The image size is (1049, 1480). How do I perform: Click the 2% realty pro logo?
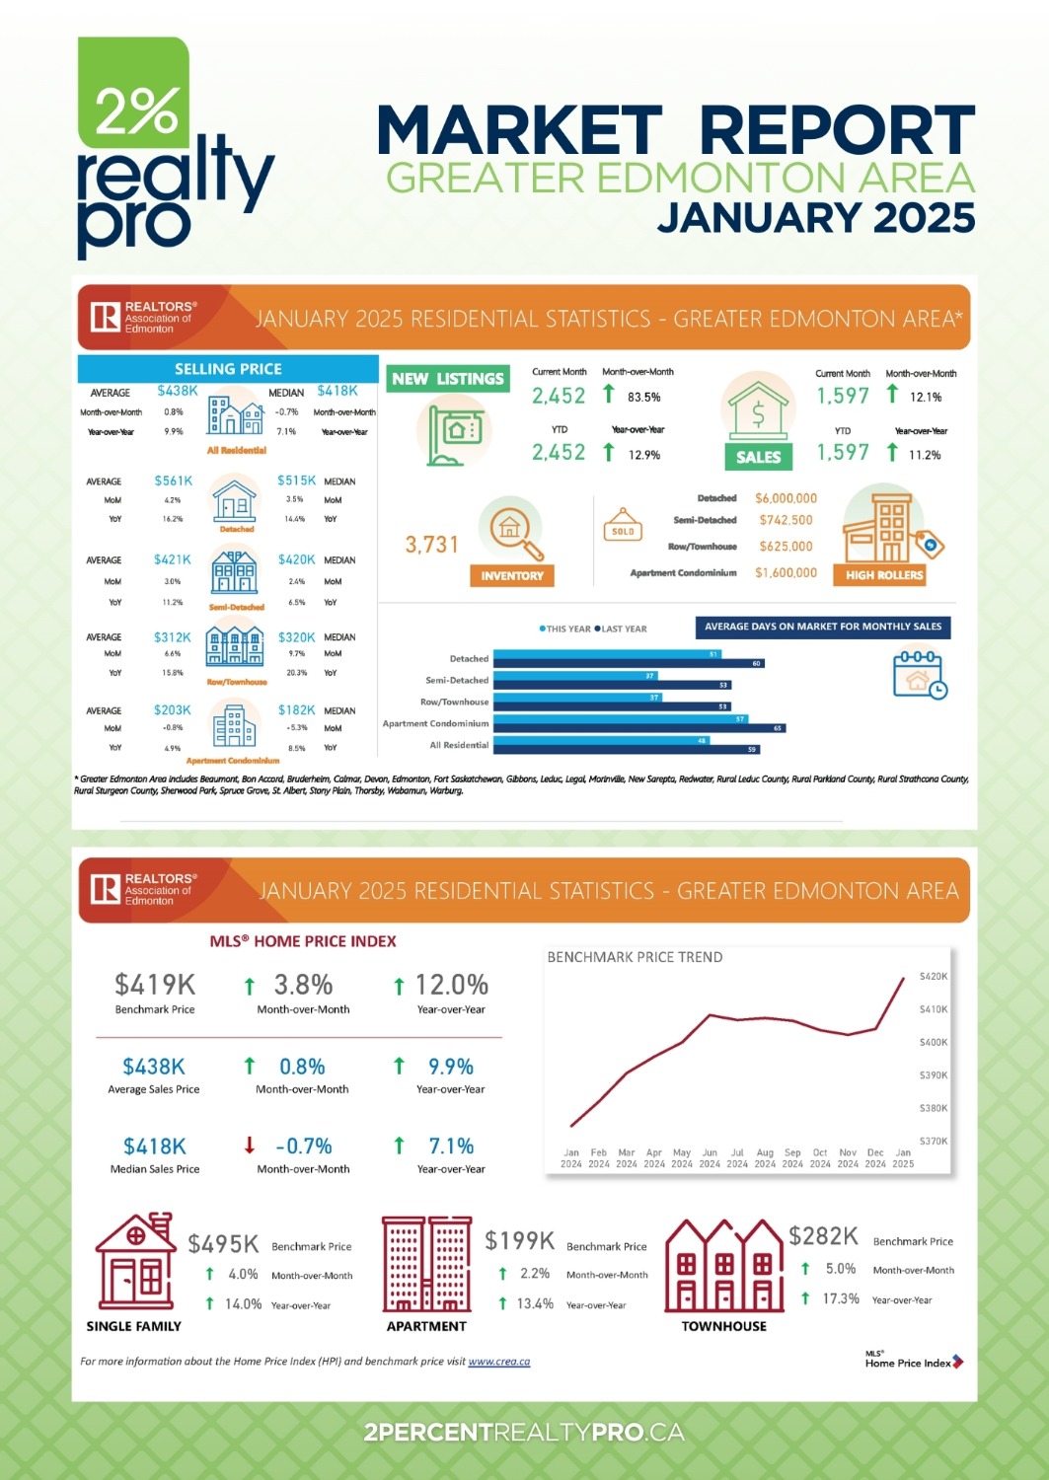click(x=173, y=148)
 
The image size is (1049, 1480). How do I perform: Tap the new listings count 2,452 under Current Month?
click(x=559, y=396)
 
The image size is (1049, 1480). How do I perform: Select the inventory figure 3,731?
click(x=432, y=545)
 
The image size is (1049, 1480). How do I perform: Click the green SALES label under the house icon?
click(x=758, y=457)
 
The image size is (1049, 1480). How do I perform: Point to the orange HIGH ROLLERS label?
click(x=884, y=574)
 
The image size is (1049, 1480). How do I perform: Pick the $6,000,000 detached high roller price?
click(x=786, y=498)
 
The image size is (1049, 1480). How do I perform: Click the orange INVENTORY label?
click(x=512, y=575)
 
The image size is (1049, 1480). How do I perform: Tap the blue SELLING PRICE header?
click(x=228, y=369)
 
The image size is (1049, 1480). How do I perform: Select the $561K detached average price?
click(x=173, y=481)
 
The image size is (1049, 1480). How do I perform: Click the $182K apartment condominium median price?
click(x=296, y=709)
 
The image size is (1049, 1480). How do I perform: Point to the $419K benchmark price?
click(x=155, y=985)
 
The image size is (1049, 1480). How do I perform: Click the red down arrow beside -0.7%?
click(x=250, y=1146)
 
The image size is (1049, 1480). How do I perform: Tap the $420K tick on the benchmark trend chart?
click(x=933, y=976)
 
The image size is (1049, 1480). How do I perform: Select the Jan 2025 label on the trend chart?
click(x=903, y=1158)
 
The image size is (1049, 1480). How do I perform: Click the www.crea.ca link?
click(x=498, y=1362)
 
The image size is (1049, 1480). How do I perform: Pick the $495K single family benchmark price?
click(x=223, y=1243)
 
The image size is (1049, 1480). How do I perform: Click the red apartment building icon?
click(x=426, y=1264)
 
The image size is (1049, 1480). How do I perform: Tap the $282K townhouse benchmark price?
click(x=823, y=1236)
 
